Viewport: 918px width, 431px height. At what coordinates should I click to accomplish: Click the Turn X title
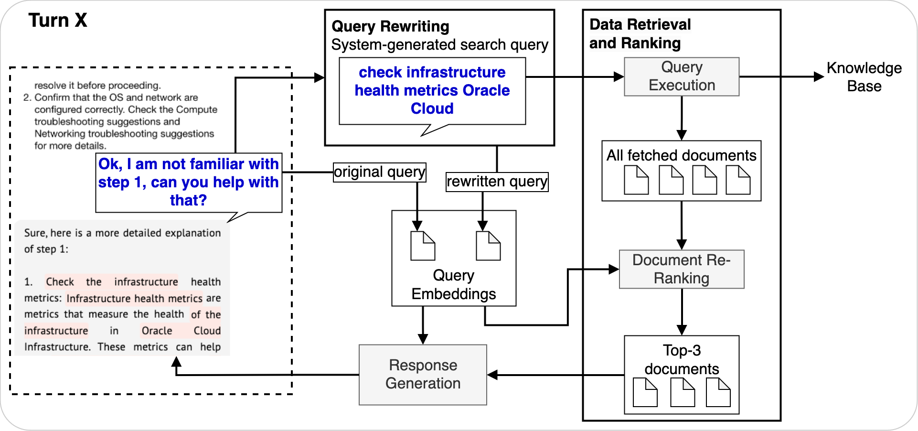point(58,21)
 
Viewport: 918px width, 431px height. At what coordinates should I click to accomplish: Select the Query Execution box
point(682,76)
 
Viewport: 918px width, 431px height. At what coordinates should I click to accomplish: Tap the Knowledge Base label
point(864,77)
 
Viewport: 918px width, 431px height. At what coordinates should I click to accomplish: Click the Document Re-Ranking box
point(682,269)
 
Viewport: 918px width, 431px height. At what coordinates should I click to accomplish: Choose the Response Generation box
point(423,375)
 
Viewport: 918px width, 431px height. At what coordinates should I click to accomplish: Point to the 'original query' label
point(379,172)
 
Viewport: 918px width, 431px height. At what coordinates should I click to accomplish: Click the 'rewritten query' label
point(497,182)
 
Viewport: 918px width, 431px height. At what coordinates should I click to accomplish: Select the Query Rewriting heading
point(390,26)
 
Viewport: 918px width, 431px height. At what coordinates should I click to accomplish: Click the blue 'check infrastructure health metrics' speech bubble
point(432,91)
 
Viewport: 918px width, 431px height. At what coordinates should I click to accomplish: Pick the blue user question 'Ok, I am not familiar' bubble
point(189,182)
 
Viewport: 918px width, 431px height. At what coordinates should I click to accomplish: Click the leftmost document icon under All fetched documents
point(636,180)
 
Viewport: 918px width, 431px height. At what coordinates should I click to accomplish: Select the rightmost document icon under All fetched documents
point(738,180)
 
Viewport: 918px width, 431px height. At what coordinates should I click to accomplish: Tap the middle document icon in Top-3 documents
point(683,392)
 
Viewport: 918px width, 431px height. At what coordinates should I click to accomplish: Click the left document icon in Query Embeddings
point(423,246)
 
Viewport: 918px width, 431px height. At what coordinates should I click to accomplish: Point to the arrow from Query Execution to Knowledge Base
point(781,76)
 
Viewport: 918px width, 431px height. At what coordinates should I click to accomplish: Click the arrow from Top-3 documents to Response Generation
point(554,375)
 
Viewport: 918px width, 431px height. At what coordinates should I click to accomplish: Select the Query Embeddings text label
point(453,285)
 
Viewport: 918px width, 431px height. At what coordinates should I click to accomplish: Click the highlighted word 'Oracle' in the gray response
point(157,331)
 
